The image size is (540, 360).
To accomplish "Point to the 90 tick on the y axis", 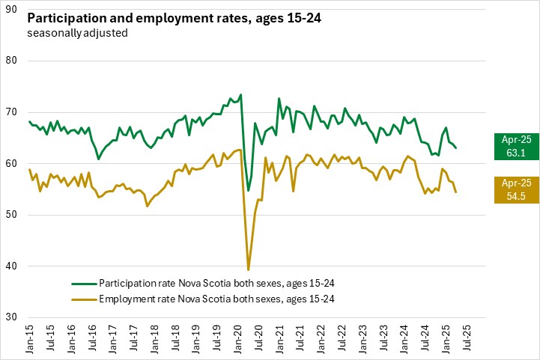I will [13, 10].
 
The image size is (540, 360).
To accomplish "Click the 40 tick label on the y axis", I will [13, 266].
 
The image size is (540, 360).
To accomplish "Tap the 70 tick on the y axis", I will [13, 112].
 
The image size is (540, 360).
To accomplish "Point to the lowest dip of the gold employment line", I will [249, 269].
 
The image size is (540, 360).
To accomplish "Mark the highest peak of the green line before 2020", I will [240, 94].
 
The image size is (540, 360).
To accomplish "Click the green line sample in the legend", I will [84, 284].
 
